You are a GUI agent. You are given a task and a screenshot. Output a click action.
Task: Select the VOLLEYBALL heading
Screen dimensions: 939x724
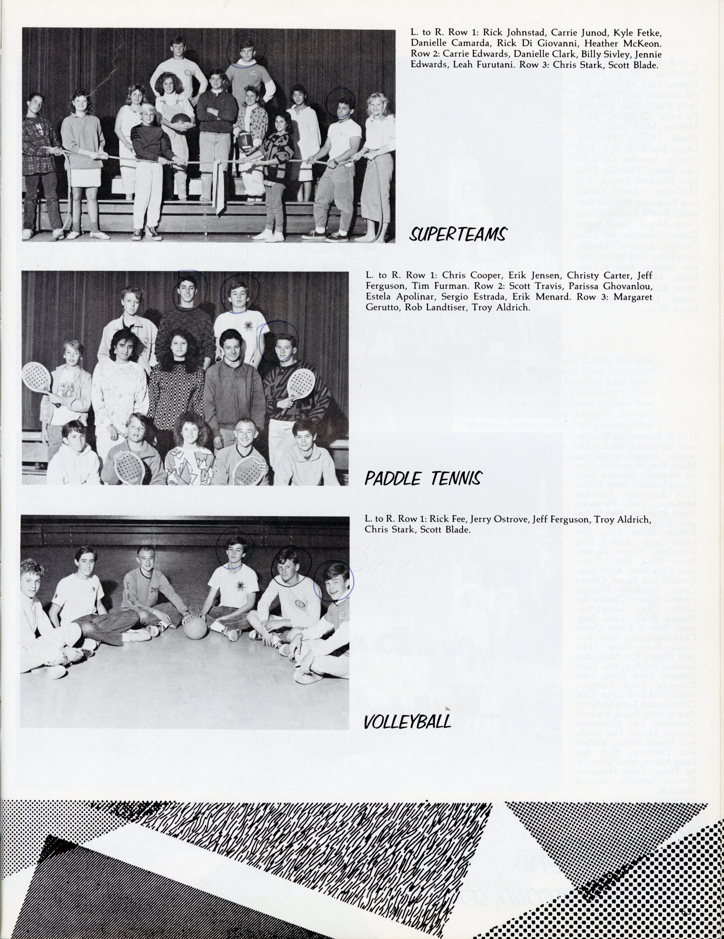(x=407, y=721)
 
